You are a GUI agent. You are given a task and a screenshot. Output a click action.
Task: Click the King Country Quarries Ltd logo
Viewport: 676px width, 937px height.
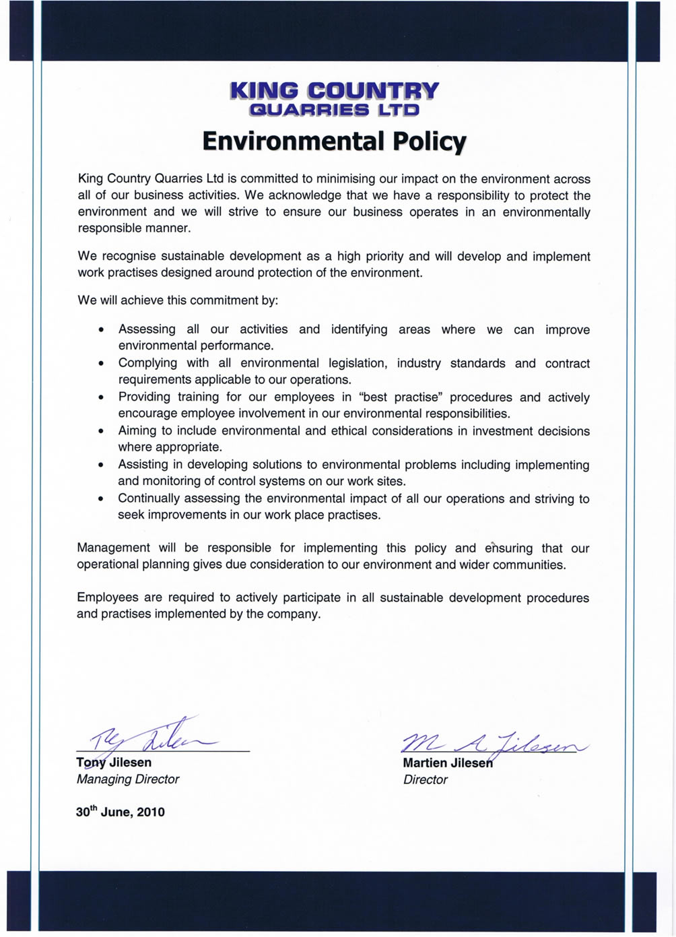coord(334,99)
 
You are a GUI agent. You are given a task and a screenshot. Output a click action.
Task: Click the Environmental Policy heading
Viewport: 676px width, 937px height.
coord(334,141)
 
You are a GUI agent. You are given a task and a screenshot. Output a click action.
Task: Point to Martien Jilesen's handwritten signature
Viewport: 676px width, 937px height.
coord(495,742)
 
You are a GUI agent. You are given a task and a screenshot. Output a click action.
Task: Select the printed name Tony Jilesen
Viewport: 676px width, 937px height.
coord(114,763)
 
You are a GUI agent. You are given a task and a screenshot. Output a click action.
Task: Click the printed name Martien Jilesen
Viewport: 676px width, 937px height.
coord(448,763)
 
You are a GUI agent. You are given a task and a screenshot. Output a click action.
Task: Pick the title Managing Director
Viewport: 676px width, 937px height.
coord(128,779)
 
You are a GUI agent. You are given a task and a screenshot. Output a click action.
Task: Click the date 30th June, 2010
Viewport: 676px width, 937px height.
coord(120,812)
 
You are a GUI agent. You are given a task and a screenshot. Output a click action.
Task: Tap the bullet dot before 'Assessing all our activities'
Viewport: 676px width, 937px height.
coord(101,330)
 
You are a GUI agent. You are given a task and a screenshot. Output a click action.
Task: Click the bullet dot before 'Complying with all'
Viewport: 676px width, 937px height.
coord(101,364)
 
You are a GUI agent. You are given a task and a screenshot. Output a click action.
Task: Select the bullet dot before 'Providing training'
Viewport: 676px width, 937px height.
coord(101,397)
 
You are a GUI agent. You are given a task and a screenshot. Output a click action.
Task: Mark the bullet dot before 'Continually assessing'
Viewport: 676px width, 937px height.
coord(101,499)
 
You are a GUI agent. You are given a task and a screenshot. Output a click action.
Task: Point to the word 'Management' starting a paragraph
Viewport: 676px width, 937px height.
coord(113,548)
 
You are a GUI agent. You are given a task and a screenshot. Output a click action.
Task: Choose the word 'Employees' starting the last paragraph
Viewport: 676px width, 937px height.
coord(108,597)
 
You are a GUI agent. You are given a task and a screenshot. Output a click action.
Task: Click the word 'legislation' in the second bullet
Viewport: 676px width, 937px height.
coord(358,364)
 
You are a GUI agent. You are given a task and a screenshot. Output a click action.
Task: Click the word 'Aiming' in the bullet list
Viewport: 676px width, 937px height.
coord(136,431)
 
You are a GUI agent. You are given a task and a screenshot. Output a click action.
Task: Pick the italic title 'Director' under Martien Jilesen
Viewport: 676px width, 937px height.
coord(426,780)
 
